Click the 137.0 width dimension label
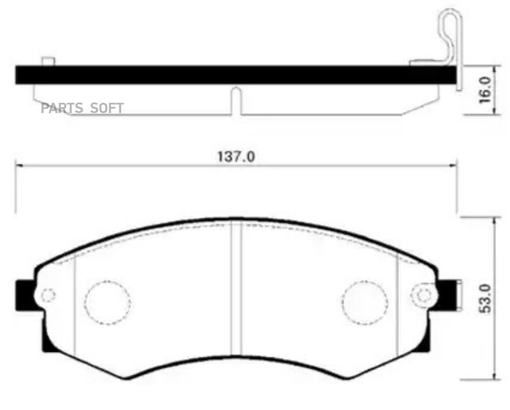pyautogui.click(x=236, y=157)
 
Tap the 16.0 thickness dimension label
pyautogui.click(x=484, y=90)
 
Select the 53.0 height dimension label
pyautogui.click(x=485, y=298)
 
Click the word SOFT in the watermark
pyautogui.click(x=107, y=108)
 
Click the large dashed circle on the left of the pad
pyautogui.click(x=107, y=302)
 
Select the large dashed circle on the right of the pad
pyautogui.click(x=364, y=302)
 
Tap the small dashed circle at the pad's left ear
pyautogui.click(x=48, y=295)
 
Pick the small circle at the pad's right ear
pyautogui.click(x=423, y=295)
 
